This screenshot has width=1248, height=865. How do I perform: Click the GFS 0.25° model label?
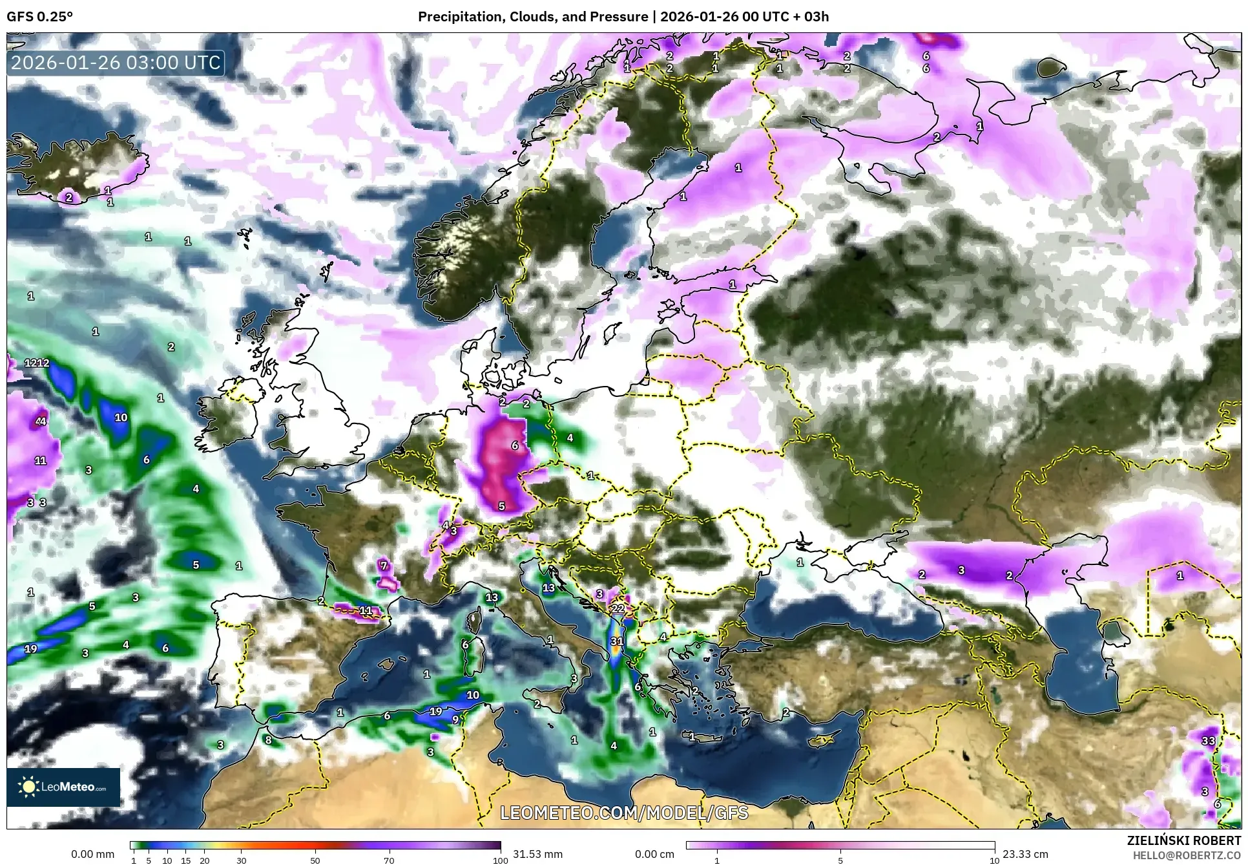pos(39,17)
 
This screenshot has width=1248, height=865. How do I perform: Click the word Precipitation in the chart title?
pos(457,17)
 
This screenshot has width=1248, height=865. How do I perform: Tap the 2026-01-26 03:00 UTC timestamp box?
pos(116,63)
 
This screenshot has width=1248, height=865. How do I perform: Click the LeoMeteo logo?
pos(63,787)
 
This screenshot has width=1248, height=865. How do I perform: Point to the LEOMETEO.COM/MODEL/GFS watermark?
pos(624,813)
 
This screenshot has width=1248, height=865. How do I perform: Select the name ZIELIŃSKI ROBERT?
pos(1183,840)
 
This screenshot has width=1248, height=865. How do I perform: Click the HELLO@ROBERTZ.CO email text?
pos(1187,855)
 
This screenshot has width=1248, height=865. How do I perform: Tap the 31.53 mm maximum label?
pos(537,854)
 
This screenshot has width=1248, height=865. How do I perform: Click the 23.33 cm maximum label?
pos(1025,854)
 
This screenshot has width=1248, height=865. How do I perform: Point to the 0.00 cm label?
pos(654,854)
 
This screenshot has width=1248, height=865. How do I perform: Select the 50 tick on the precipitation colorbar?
pos(315,860)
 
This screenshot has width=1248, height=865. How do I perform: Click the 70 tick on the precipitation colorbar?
pos(389,860)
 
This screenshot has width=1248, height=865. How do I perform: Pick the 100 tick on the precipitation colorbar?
pos(500,860)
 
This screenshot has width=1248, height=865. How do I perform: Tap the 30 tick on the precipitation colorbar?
pos(242,860)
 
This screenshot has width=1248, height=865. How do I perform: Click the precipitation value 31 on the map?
pos(617,641)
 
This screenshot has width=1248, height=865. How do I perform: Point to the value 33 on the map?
pos(1208,741)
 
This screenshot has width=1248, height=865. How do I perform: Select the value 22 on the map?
pos(618,608)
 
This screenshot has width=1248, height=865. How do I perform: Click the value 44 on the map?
pos(41,422)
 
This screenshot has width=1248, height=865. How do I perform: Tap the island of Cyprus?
pos(822,740)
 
